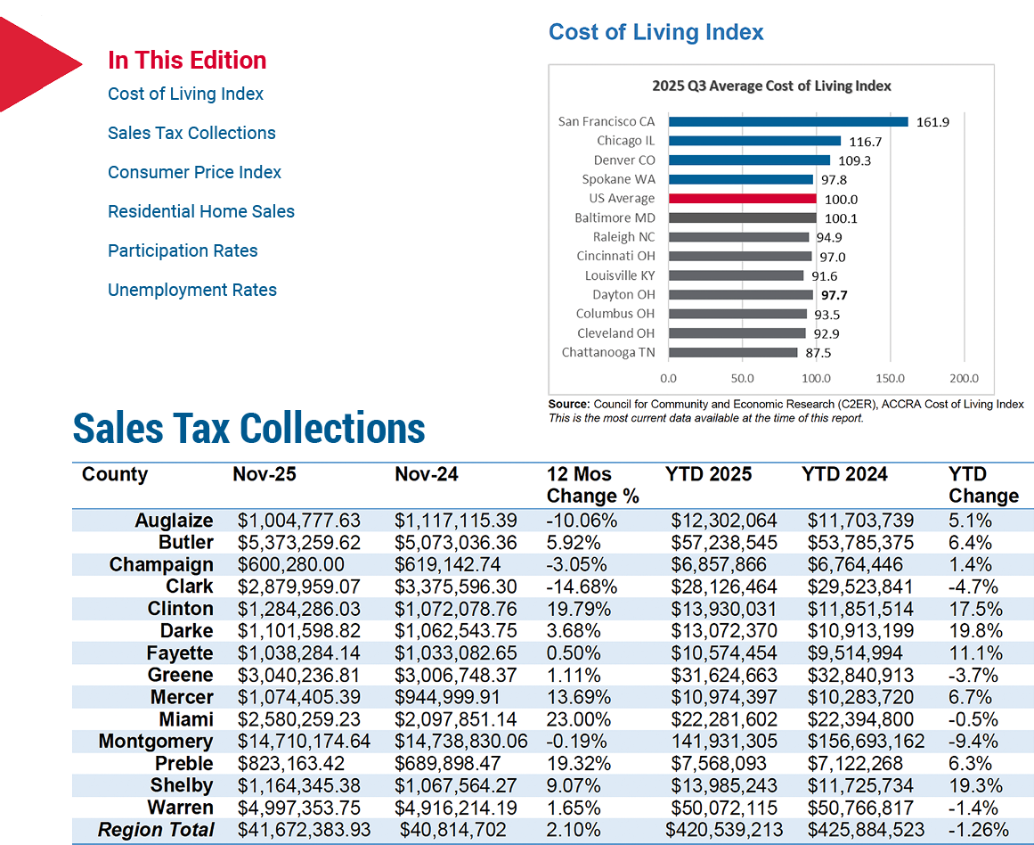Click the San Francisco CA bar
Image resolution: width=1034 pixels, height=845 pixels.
pos(788,121)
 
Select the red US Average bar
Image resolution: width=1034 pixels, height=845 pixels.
pos(743,199)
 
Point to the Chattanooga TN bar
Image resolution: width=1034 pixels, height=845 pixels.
pos(733,352)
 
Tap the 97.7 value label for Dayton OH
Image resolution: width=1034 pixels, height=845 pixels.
pos(835,295)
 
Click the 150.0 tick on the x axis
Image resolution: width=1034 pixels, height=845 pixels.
pos(891,378)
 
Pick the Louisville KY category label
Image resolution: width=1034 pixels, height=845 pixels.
pos(620,275)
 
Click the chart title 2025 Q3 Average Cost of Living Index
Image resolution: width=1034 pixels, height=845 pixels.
pos(771,86)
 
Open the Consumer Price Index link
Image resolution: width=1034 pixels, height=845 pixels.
pos(194,172)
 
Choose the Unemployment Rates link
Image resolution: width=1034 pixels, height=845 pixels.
pos(191,290)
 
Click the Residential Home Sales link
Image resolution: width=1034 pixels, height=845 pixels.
pos(201,211)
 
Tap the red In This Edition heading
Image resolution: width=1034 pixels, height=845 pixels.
pos(187,60)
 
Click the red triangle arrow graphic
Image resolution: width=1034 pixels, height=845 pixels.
pos(37,65)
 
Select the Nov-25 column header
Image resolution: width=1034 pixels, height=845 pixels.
pos(265,474)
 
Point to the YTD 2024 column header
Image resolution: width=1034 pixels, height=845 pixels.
pos(844,474)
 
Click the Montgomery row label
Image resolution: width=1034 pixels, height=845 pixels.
pos(156,742)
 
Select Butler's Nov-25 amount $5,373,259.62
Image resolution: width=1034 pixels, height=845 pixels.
pos(299,543)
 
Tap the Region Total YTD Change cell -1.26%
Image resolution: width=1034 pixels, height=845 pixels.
pos(979,830)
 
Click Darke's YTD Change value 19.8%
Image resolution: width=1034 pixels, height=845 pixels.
pos(975,631)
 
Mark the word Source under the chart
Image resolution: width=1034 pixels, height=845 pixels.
pos(569,404)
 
